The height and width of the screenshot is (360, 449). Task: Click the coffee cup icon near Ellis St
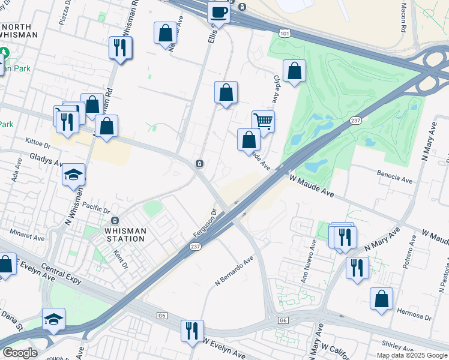click(218, 12)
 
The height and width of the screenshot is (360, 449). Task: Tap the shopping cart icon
click(263, 121)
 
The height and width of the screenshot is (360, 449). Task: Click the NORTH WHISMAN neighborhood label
click(19, 31)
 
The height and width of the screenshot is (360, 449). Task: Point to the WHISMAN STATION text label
click(125, 235)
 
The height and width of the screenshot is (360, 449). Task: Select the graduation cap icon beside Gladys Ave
click(74, 174)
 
